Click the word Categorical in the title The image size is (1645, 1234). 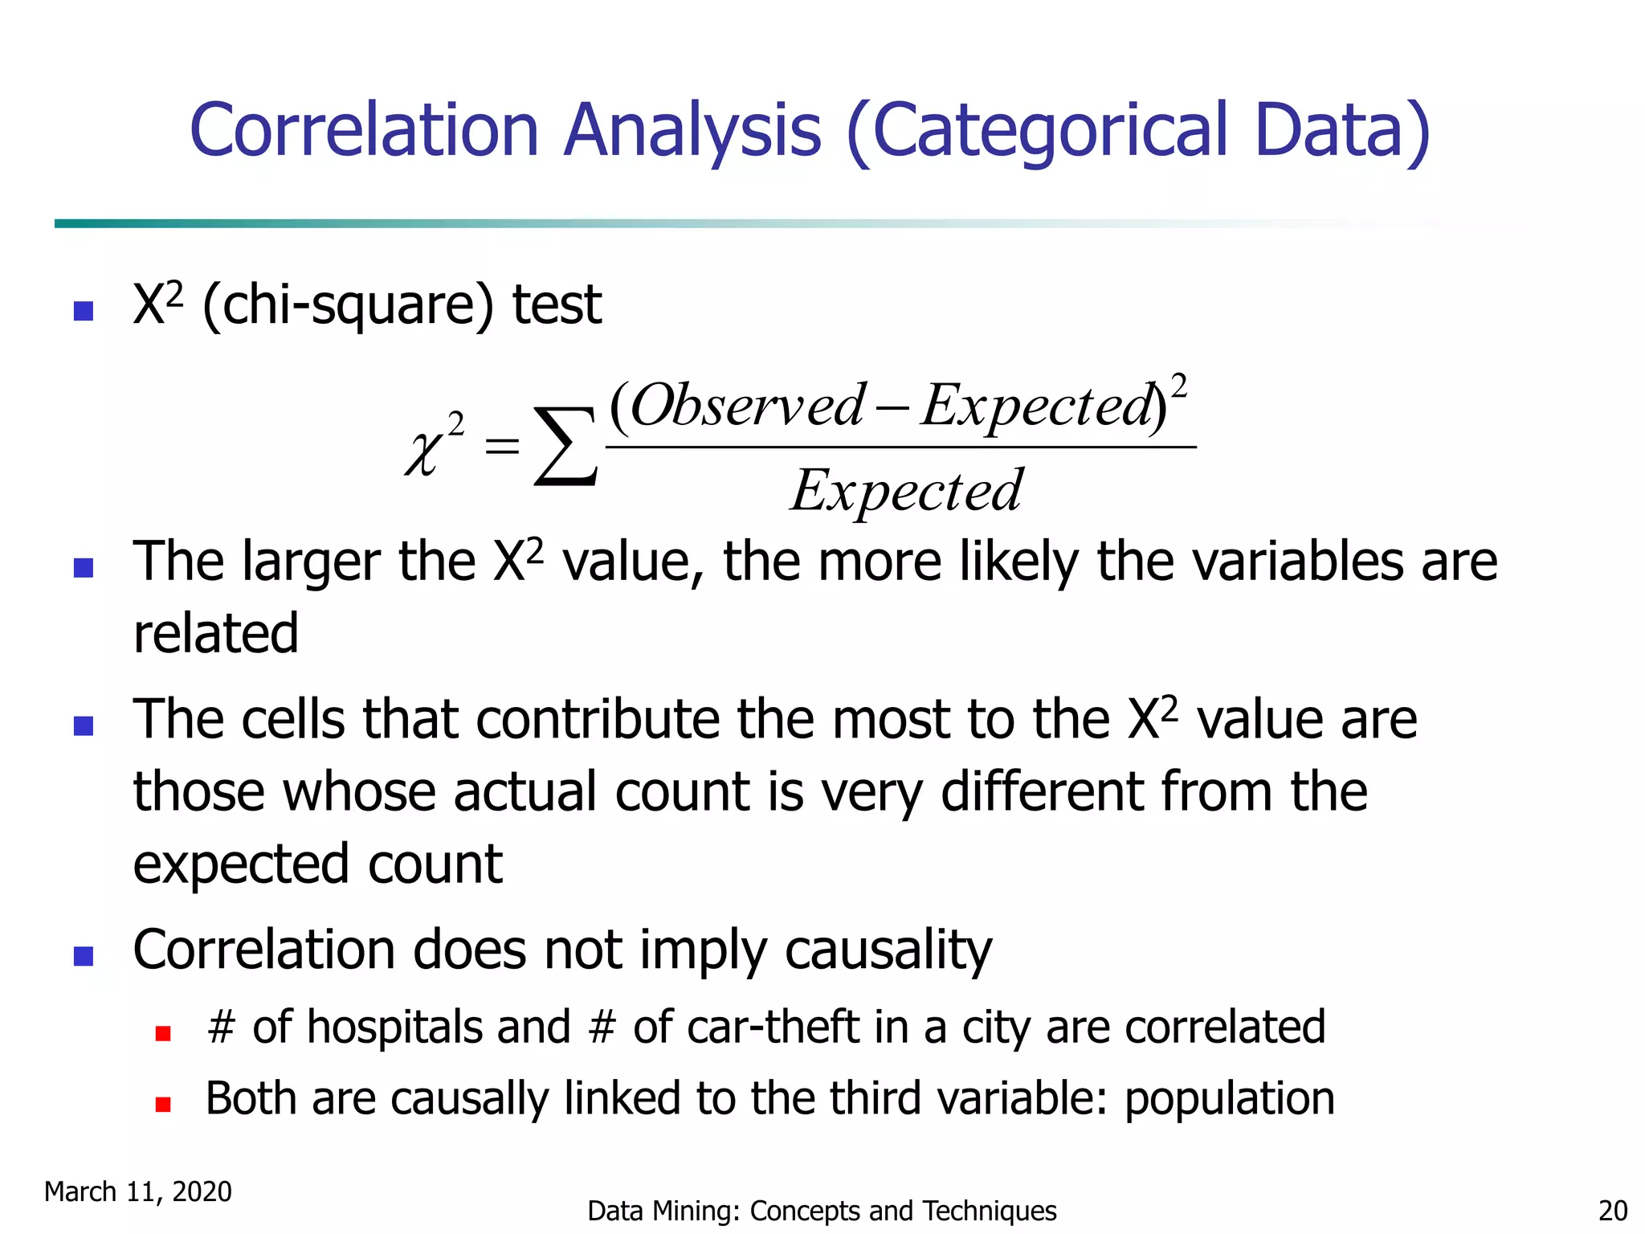click(1051, 131)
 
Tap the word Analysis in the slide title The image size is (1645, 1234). click(692, 131)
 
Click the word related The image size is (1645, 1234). click(216, 633)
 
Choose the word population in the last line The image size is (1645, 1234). click(1229, 1099)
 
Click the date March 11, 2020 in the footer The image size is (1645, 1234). click(137, 1191)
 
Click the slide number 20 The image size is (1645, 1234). click(1613, 1211)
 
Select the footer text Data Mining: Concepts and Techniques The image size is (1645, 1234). click(822, 1211)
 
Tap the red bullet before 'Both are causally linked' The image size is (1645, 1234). click(163, 1105)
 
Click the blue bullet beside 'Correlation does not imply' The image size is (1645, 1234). click(84, 956)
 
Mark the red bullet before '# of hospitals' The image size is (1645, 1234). click(163, 1033)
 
